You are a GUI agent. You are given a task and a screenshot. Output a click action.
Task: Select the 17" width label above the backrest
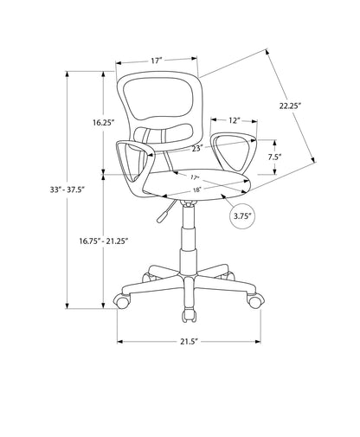pos(156,61)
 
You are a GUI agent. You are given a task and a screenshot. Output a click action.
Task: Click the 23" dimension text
pos(197,149)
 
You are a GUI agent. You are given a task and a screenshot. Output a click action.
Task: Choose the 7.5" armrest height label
pos(275,157)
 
